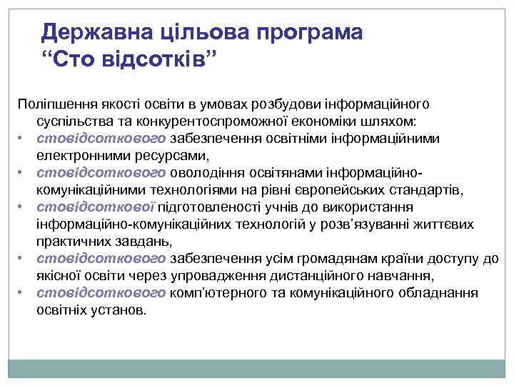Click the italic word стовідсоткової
(x=95, y=207)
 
